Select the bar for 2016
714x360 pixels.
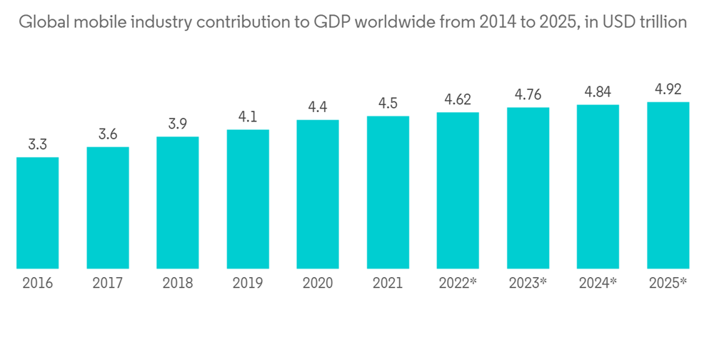(37, 213)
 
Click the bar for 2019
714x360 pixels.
(248, 199)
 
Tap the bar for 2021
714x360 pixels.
(388, 192)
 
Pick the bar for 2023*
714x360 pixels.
(528, 188)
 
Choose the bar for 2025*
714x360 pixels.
(668, 185)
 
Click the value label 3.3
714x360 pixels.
(37, 146)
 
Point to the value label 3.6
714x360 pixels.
(108, 135)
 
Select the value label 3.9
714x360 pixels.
(178, 124)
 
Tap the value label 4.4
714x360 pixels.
(318, 108)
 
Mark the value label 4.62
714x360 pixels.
(458, 100)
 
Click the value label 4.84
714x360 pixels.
(598, 93)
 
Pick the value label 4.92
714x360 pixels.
(668, 90)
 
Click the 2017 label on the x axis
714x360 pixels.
(108, 283)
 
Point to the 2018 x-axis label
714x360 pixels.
(178, 283)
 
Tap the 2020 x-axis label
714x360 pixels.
(318, 283)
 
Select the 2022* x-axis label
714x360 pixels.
(458, 283)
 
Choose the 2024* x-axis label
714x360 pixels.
(598, 283)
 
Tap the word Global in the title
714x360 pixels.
(41, 23)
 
